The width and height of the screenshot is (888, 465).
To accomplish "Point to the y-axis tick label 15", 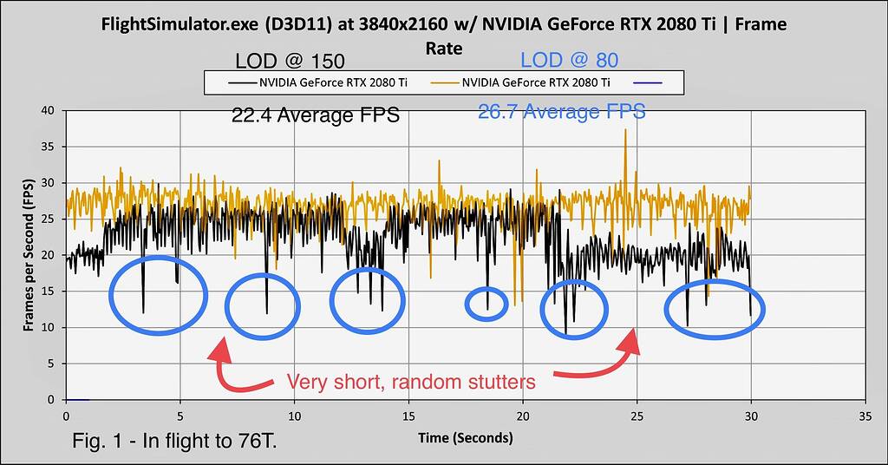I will click(49, 291).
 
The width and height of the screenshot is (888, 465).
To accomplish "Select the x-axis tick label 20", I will click(523, 416).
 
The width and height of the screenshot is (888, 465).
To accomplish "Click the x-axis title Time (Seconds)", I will click(465, 438).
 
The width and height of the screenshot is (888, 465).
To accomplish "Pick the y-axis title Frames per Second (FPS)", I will click(28, 254).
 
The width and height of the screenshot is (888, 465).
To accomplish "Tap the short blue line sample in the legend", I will click(649, 82).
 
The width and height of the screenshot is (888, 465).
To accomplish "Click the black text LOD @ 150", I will click(290, 62).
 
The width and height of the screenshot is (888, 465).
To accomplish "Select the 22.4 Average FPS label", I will click(315, 115).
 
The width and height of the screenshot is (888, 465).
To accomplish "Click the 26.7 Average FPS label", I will click(562, 112).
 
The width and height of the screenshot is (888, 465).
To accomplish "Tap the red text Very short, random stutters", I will click(411, 382).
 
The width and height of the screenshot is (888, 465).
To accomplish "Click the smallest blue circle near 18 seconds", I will click(486, 304).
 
